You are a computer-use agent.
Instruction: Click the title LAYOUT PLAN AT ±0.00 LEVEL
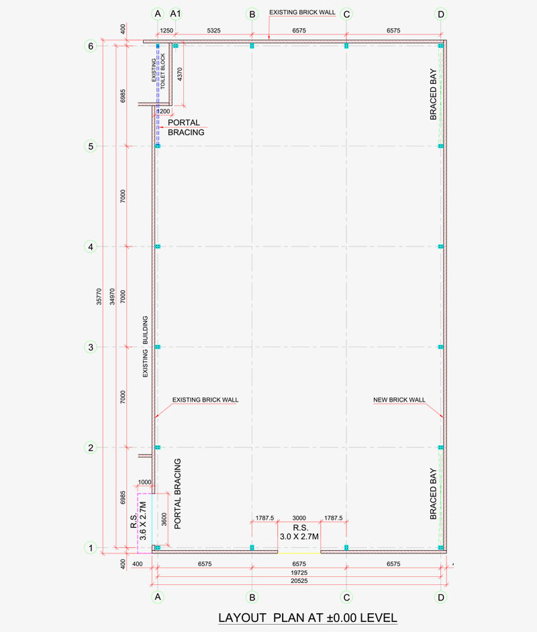(x=307, y=617)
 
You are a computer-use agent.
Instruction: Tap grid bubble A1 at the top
(x=176, y=13)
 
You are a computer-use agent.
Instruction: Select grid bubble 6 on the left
(x=91, y=46)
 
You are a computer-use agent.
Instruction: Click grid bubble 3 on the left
(x=91, y=347)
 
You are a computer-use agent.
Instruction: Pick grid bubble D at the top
(x=441, y=13)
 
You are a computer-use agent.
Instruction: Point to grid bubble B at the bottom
(x=252, y=596)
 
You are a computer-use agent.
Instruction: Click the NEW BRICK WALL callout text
(x=399, y=400)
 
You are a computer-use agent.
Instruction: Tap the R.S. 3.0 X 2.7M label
(x=299, y=533)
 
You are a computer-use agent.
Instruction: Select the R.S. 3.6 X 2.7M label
(x=138, y=521)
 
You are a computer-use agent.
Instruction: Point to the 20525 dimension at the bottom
(x=299, y=580)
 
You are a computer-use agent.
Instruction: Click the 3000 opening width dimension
(x=299, y=518)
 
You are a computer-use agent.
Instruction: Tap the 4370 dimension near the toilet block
(x=180, y=75)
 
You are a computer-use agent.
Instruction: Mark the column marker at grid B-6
(x=252, y=46)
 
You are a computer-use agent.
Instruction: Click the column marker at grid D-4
(x=441, y=247)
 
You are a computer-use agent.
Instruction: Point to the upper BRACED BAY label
(x=434, y=94)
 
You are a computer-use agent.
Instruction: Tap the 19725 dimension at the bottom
(x=299, y=572)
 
